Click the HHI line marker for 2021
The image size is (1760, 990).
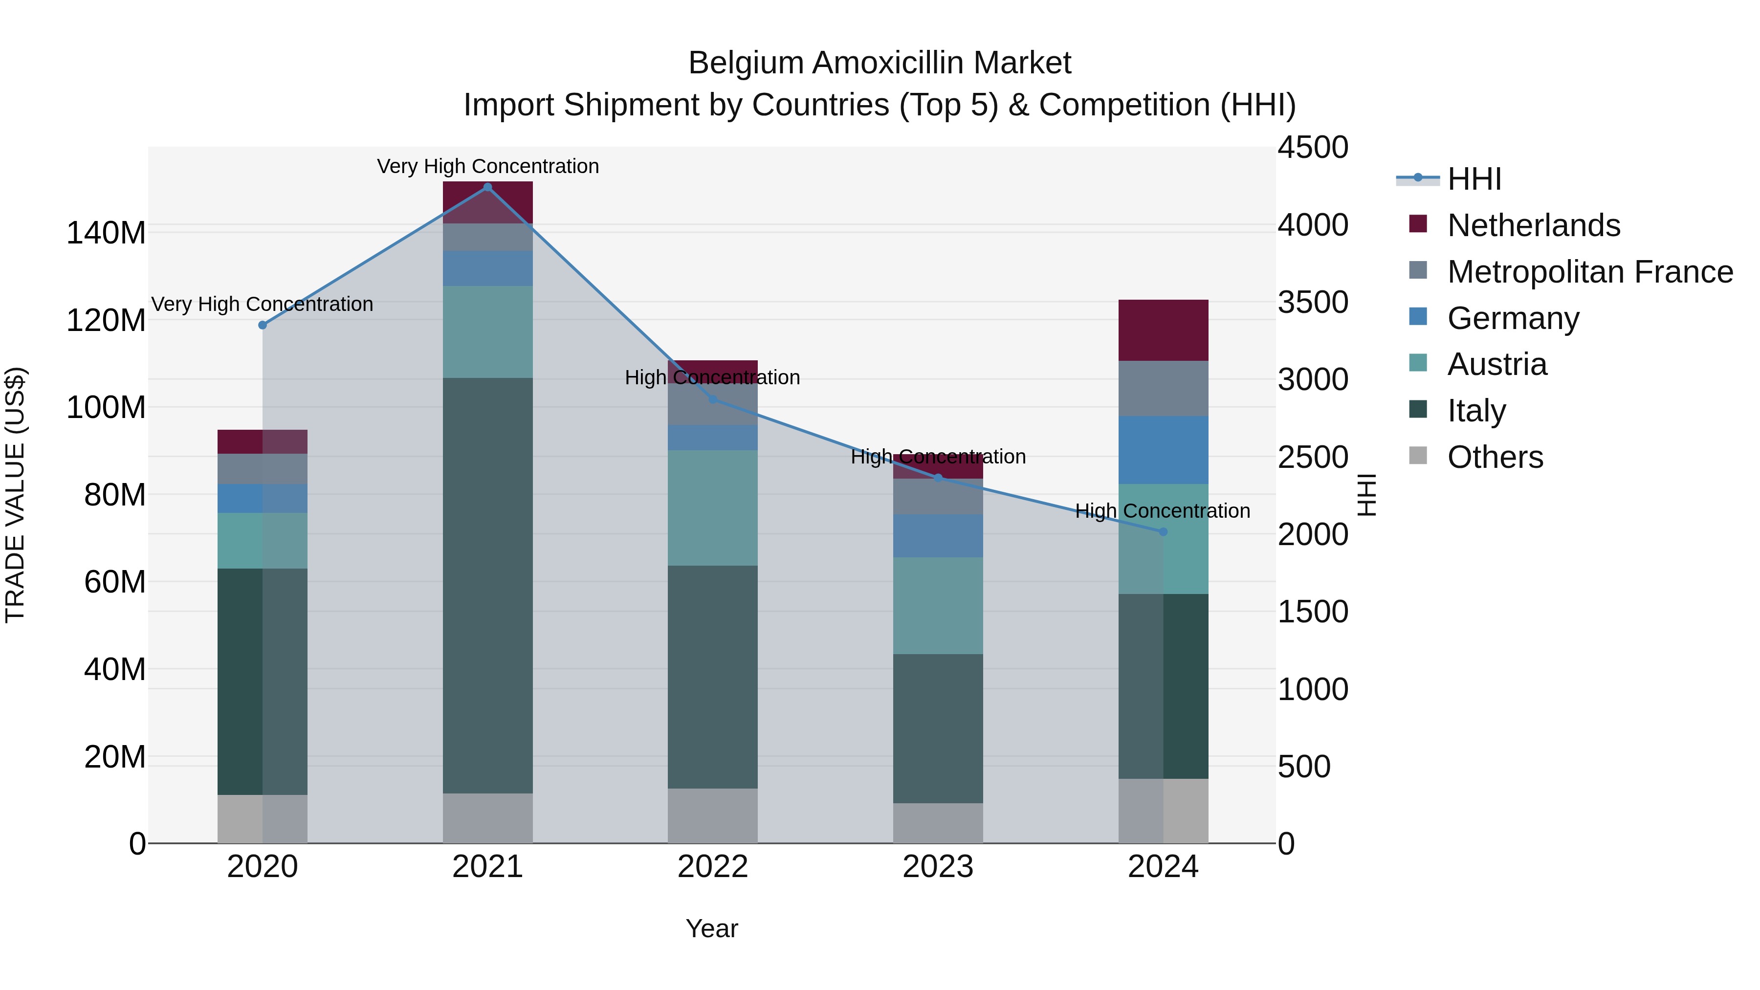point(487,187)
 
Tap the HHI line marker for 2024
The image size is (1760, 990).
point(1163,531)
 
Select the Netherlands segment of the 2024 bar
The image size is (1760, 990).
point(1163,330)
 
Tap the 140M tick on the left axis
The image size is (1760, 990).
point(106,233)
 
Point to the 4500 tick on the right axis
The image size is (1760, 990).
point(1313,148)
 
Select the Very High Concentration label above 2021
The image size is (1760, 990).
point(487,166)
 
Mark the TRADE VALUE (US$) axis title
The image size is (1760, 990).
point(15,495)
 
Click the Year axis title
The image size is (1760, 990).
point(711,928)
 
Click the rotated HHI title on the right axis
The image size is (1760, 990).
point(1366,495)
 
